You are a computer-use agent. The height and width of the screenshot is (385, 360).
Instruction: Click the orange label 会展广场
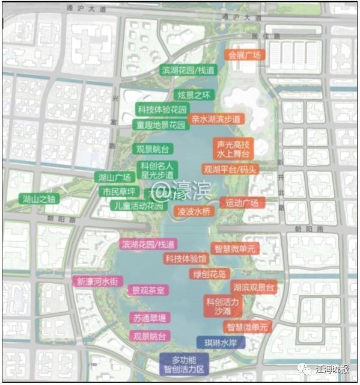coord(244,55)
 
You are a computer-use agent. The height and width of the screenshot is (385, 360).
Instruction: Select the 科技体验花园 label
coord(162,110)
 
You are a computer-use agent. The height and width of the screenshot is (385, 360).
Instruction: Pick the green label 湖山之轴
coord(39,199)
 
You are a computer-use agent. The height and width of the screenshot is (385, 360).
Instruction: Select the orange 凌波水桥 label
coord(194,211)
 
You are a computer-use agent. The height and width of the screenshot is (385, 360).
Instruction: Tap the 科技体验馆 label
coord(186,259)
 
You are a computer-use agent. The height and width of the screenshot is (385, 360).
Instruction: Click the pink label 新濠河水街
coord(99,281)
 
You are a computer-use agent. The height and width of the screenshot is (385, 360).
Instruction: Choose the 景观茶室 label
coord(148,290)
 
